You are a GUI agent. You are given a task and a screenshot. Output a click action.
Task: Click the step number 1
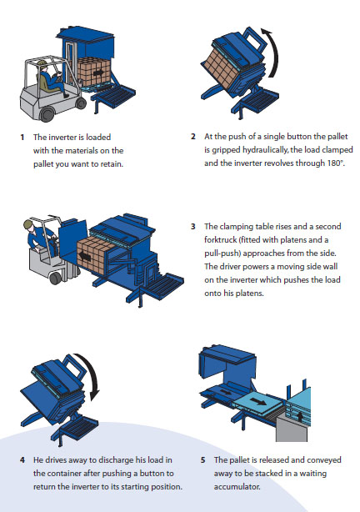tap(22, 137)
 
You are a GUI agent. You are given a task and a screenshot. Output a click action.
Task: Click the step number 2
tap(193, 137)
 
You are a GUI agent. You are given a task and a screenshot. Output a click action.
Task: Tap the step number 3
tap(193, 226)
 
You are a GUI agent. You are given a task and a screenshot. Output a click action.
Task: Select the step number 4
tap(22, 460)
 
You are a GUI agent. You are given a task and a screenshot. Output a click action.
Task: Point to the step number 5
tap(203, 460)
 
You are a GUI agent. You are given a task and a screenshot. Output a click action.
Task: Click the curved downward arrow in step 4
tap(93, 375)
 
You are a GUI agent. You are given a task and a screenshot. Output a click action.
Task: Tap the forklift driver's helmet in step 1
tap(42, 63)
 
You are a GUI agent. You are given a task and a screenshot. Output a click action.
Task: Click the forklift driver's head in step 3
tap(28, 225)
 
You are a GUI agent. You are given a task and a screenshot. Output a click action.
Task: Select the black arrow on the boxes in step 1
tap(97, 73)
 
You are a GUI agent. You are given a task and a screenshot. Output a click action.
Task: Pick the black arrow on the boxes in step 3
tap(85, 256)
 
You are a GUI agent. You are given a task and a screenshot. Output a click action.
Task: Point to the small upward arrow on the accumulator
tap(300, 416)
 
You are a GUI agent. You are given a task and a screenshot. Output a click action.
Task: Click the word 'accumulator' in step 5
tap(237, 487)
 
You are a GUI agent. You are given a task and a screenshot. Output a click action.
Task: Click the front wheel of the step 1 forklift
tap(47, 114)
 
